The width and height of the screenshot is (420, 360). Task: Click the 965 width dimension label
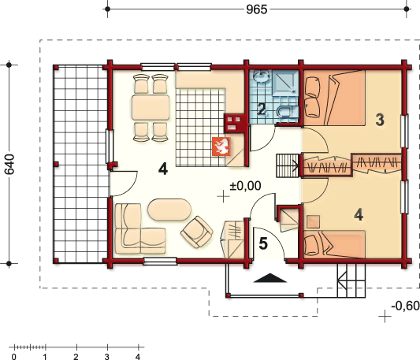[x=257, y=10]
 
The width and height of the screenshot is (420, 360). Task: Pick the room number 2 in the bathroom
[x=262, y=109]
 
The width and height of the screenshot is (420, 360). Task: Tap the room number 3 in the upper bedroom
[x=380, y=120]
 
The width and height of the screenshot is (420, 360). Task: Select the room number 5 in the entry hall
[x=263, y=243]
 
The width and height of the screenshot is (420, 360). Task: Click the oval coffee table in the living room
[x=169, y=210]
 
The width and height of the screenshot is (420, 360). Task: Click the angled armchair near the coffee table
[x=196, y=231]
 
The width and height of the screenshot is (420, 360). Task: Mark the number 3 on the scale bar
[x=107, y=357]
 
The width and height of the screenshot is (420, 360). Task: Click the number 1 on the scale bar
[x=46, y=357]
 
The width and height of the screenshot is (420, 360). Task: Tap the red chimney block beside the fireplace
[x=234, y=122]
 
